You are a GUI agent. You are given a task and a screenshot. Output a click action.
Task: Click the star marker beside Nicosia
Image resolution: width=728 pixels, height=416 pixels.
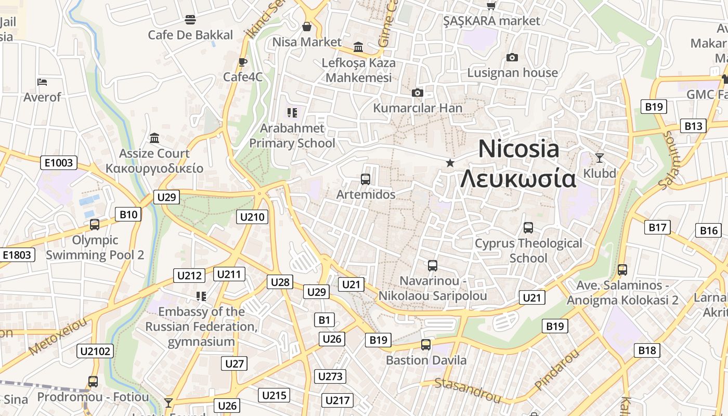coord(450,163)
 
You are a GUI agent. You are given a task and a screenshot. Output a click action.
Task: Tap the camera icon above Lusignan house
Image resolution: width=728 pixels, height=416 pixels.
coord(512,57)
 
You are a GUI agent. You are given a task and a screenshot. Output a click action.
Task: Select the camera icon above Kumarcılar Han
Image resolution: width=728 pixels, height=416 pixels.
coord(417,93)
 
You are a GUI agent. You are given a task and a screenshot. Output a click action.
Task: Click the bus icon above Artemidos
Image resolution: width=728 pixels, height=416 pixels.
coord(366,179)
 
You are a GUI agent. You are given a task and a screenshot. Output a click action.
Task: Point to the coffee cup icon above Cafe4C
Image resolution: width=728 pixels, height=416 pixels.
coord(242,62)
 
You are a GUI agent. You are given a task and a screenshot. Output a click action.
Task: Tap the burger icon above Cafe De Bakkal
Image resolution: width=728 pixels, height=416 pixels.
coord(190,20)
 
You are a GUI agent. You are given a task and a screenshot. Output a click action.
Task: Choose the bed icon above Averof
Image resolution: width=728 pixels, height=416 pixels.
coord(42,82)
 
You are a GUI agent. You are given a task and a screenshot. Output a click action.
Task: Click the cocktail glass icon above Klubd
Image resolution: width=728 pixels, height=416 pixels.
coord(600,158)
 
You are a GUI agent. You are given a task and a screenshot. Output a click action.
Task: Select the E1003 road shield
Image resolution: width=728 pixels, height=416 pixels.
coord(59,163)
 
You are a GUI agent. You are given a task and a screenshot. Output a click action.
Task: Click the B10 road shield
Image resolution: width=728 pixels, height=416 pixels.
coord(128,214)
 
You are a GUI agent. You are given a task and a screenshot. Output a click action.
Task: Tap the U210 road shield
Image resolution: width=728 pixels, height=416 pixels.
coord(252,217)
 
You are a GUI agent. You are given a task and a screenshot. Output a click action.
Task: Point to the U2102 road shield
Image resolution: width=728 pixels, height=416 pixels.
coord(96,351)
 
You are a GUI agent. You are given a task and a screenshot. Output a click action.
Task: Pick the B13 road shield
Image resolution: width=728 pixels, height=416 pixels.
coord(693,126)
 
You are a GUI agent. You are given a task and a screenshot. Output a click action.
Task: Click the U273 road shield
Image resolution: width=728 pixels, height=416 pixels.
coord(330,376)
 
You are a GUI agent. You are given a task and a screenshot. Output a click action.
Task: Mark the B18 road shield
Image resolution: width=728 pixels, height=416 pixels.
coord(647,350)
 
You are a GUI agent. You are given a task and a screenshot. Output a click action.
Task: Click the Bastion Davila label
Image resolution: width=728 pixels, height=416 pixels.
coord(426,360)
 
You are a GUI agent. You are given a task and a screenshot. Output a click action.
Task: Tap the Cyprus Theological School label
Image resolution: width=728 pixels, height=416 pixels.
coord(528,251)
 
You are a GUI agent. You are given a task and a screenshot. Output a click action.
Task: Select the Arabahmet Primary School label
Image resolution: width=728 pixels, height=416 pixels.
coord(292,135)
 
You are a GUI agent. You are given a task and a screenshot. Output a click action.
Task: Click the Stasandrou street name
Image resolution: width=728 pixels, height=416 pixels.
coord(467,391)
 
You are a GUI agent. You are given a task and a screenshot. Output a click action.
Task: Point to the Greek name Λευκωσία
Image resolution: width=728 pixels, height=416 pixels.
coord(518,179)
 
